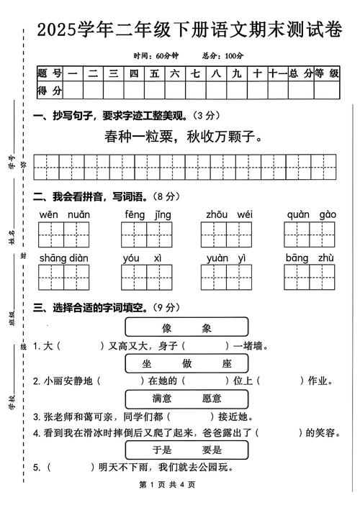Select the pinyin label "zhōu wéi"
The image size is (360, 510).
pyautogui.click(x=229, y=214)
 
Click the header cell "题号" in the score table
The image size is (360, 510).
pyautogui.click(x=50, y=73)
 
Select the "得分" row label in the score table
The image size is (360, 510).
pyautogui.click(x=50, y=90)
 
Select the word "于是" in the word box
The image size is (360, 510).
pyautogui.click(x=163, y=450)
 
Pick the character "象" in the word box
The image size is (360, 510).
pyautogui.click(x=207, y=328)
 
